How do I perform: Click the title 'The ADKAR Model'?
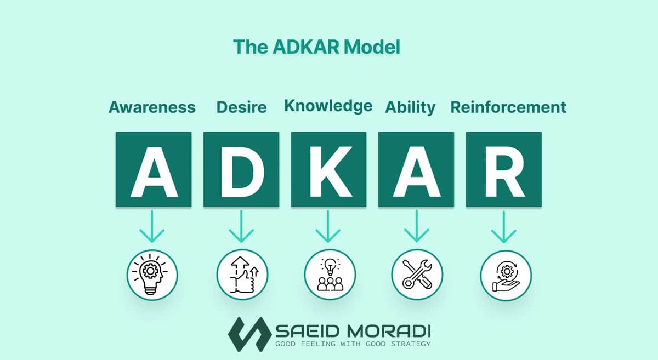(x=316, y=47)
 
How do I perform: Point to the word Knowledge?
(x=328, y=106)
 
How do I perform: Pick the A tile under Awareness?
(x=154, y=169)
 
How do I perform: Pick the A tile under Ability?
(x=416, y=169)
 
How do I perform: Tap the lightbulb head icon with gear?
(x=152, y=275)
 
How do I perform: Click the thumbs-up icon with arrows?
(x=242, y=275)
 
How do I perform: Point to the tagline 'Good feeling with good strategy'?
(x=353, y=344)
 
